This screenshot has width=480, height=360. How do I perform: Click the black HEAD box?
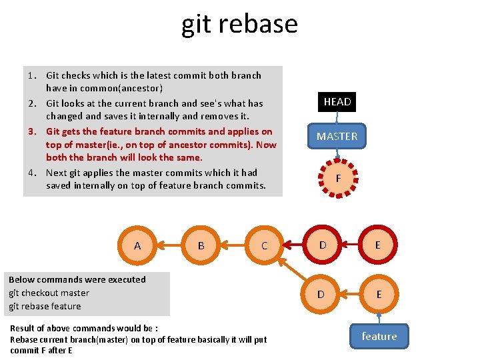click(337, 102)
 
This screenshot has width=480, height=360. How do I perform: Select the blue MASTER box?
click(337, 136)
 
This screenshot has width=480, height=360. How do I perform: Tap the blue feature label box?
click(379, 336)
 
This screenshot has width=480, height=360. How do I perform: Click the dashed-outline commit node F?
click(338, 179)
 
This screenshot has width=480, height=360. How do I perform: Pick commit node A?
click(137, 245)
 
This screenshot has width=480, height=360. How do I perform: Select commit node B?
click(201, 245)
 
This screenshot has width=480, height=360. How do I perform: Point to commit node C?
click(264, 245)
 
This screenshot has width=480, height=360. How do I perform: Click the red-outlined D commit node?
click(323, 245)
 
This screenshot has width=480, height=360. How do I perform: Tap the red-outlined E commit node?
click(378, 245)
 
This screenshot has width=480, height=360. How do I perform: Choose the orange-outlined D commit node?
click(321, 294)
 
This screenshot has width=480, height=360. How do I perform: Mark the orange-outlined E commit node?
click(378, 294)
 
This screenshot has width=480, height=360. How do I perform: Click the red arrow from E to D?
click(351, 245)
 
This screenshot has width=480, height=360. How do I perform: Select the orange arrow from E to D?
click(350, 294)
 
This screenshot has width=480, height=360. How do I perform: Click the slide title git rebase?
click(239, 24)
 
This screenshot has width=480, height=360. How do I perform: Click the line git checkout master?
click(49, 293)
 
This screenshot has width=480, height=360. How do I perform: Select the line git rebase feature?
click(45, 306)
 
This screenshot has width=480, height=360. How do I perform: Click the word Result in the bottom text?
click(23, 328)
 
